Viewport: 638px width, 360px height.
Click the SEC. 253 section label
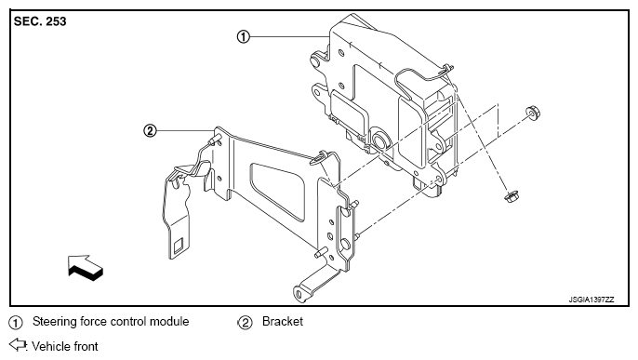(40, 21)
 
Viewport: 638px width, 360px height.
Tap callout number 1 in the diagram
(244, 37)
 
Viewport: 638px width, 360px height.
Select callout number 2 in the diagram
(150, 131)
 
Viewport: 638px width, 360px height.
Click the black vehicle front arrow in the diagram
(86, 268)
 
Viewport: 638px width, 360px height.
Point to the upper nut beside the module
(532, 113)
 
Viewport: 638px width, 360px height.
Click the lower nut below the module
(511, 197)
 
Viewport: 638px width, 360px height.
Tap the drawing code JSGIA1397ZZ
(591, 300)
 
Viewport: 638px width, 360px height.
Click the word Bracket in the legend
(283, 321)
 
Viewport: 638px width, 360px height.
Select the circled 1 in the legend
(16, 323)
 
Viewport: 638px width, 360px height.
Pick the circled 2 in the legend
(245, 323)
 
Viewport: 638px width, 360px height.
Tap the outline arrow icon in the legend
(18, 344)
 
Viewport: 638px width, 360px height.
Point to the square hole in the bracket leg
(179, 247)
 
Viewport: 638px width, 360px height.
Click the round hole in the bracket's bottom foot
(299, 294)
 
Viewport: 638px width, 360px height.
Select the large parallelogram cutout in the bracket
(277, 192)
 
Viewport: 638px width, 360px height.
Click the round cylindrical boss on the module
(381, 140)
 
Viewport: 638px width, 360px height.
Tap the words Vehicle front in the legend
(65, 347)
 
